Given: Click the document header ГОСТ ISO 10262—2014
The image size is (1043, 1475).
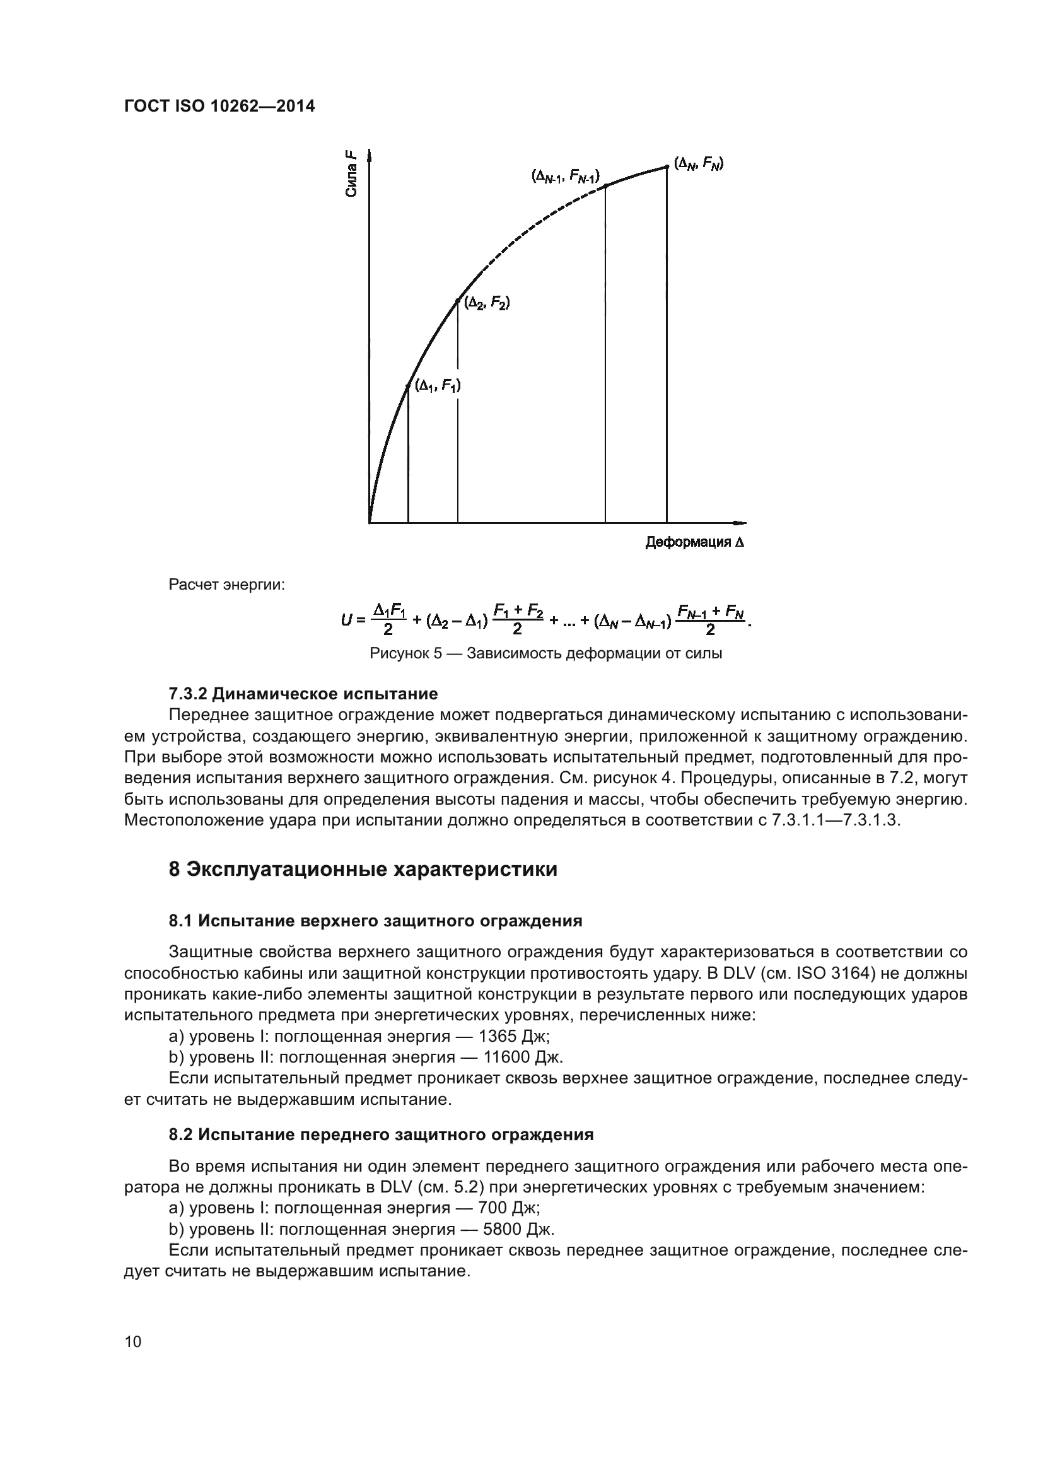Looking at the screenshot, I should pos(219,107).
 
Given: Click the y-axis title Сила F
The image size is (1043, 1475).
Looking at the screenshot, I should pos(351,172).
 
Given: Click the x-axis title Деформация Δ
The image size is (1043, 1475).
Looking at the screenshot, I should pos(695,543).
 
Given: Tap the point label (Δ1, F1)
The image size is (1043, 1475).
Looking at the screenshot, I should pos(438,385).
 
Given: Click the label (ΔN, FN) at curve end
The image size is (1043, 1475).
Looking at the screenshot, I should pos(699,163).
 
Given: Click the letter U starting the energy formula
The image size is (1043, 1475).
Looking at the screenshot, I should pos(346,620).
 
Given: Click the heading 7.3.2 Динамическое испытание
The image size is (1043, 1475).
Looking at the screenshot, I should pos(303,694).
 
